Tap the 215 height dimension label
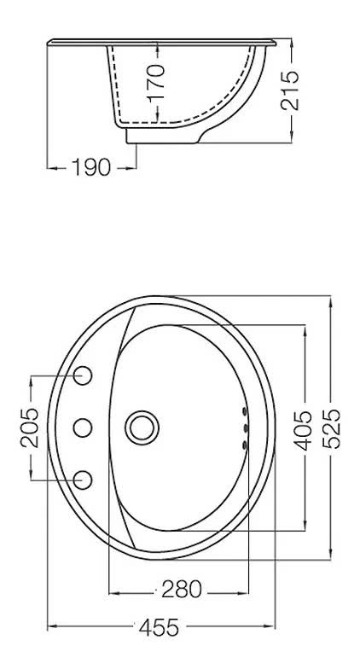pyautogui.click(x=290, y=90)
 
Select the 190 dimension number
pyautogui.click(x=91, y=167)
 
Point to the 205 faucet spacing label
pyautogui.click(x=29, y=428)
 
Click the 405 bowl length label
pyautogui.click(x=304, y=431)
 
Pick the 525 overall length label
pyautogui.click(x=331, y=428)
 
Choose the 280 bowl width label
pyautogui.click(x=181, y=590)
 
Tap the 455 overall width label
pyautogui.click(x=159, y=628)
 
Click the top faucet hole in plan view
pyautogui.click(x=83, y=375)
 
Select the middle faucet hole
pyautogui.click(x=83, y=428)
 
